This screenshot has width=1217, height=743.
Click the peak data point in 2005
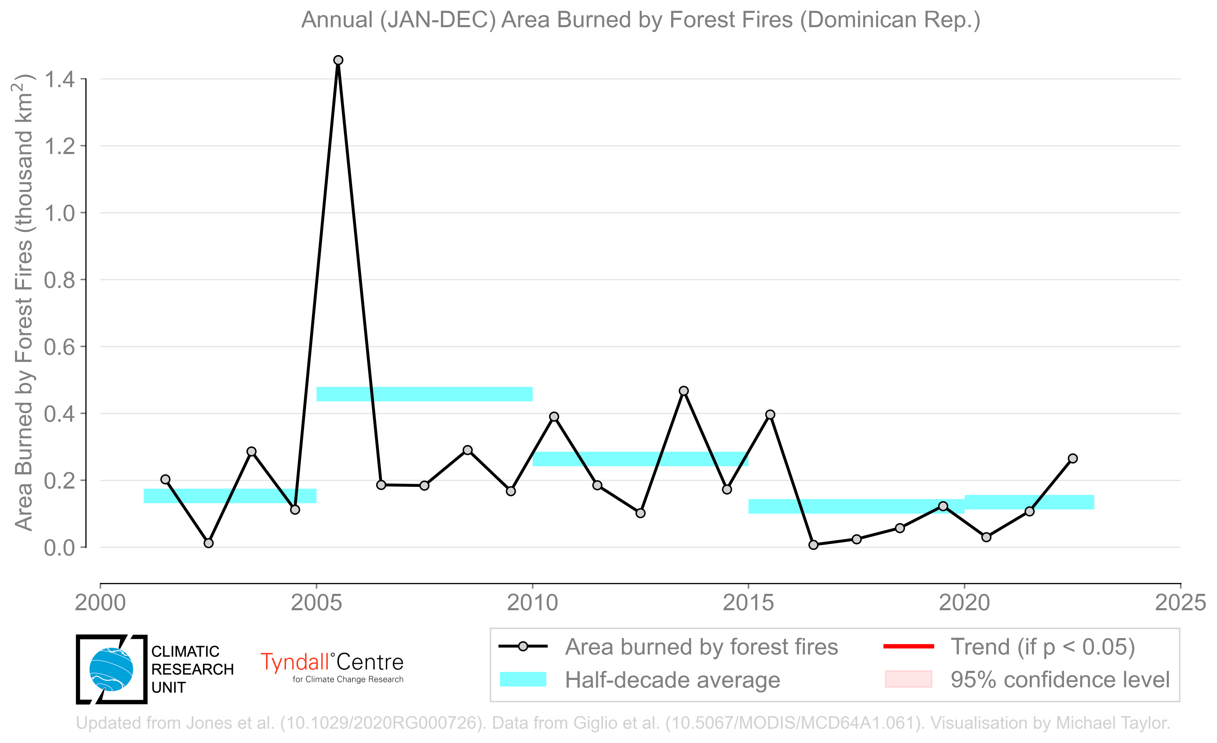tap(339, 60)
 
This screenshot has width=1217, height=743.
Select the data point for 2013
tap(684, 391)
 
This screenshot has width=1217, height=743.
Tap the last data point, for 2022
tap(1072, 459)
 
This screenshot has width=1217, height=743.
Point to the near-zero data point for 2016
tap(813, 545)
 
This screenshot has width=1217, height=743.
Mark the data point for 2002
tap(208, 543)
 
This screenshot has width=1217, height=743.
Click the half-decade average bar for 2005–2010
tap(424, 394)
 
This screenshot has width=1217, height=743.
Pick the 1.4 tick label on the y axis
tap(59, 79)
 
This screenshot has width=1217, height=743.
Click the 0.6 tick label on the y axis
tap(59, 347)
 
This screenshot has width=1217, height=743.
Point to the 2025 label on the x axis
tap(1180, 603)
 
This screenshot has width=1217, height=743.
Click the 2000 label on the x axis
tap(100, 603)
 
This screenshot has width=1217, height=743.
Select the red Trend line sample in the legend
tap(909, 646)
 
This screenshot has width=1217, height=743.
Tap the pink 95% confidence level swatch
tap(909, 679)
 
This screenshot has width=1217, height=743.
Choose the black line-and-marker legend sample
tap(523, 646)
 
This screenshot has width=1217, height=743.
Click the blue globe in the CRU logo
tap(111, 669)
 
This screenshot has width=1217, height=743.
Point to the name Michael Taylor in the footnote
tap(1113, 723)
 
